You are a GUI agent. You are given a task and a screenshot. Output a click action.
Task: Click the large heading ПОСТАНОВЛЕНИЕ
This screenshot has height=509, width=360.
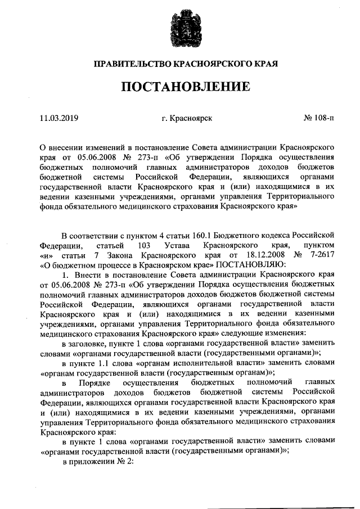tap(179, 87)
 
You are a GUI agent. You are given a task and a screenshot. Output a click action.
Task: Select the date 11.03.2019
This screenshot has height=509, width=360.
tap(59, 119)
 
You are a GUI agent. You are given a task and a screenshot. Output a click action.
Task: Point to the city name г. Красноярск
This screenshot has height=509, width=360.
tap(186, 119)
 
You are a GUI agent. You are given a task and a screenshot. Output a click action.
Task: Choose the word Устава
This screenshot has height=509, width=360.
tap(178, 246)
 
